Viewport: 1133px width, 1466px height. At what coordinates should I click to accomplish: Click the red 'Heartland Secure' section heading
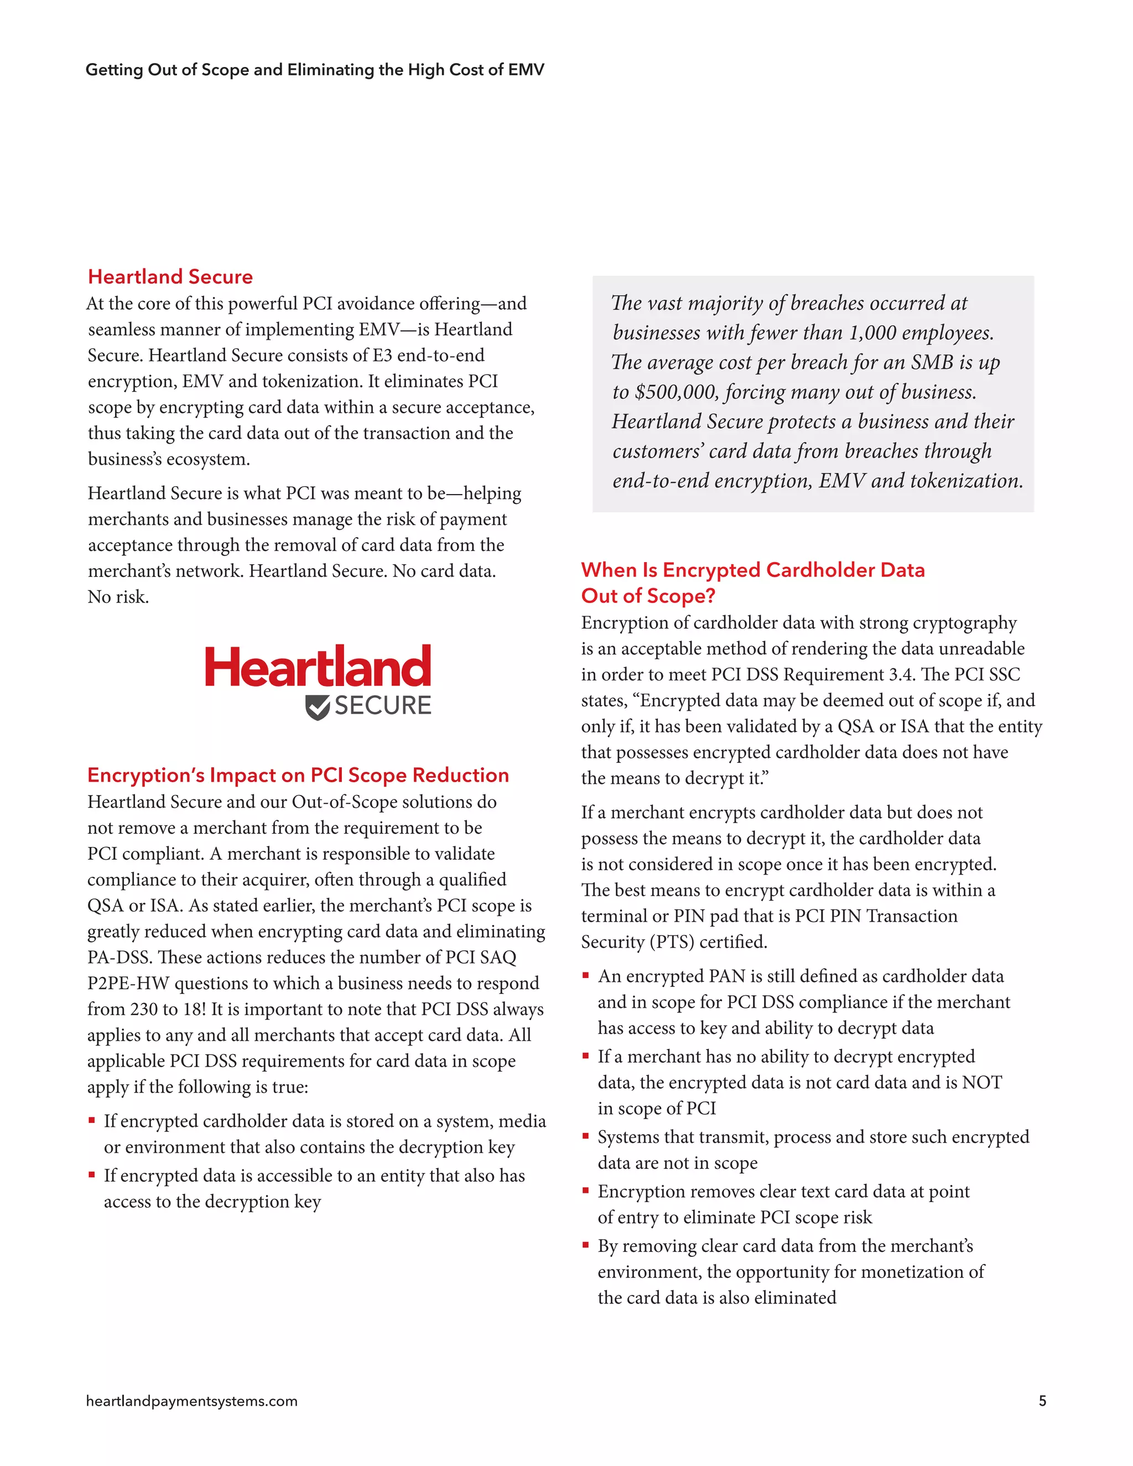click(170, 277)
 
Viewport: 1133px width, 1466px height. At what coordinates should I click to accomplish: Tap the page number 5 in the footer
click(1042, 1401)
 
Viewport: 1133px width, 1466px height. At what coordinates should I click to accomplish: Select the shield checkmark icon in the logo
click(318, 708)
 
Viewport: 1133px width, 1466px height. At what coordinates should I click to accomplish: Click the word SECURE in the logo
click(383, 706)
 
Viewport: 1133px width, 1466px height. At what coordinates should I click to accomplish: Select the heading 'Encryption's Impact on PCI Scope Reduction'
click(298, 775)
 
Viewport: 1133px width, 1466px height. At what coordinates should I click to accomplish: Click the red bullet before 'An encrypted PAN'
click(586, 975)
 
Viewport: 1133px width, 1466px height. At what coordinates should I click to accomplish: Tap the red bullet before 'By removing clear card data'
click(586, 1245)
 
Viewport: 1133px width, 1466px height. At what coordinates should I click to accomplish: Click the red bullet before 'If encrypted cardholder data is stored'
click(92, 1120)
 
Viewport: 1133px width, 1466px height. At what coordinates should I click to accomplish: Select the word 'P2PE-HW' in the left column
click(128, 984)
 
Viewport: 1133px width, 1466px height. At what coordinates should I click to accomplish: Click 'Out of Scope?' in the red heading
click(648, 596)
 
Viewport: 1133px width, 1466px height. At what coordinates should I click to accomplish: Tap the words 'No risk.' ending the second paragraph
click(118, 597)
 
